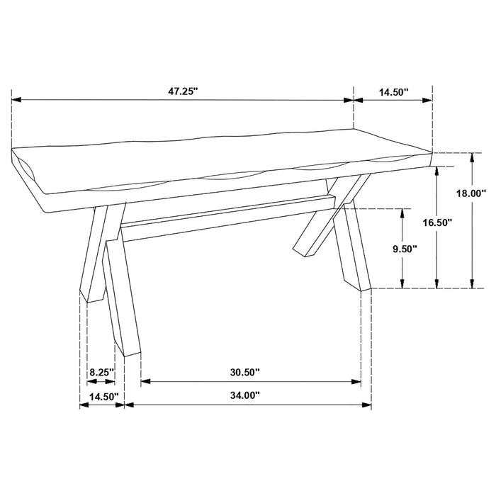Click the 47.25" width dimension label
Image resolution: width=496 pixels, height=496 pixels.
click(183, 90)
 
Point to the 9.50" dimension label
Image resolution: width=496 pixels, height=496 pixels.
click(404, 249)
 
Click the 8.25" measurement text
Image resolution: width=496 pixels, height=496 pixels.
click(101, 371)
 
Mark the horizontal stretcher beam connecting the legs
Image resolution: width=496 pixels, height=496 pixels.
click(227, 216)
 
